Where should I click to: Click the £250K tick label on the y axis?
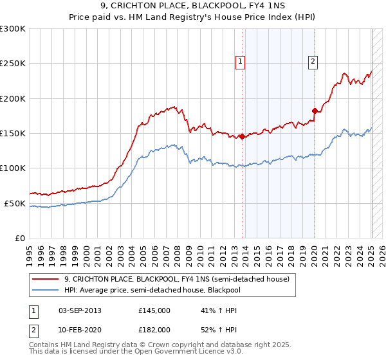(13, 64)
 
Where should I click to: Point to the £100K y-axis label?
(13, 168)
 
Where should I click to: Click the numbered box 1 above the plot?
(240, 62)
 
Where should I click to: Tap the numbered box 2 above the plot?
(313, 62)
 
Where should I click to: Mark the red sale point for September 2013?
(242, 136)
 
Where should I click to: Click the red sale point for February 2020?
(315, 111)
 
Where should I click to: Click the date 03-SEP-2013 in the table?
(80, 310)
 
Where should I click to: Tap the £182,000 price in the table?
(154, 329)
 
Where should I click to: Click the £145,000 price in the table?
(154, 310)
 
